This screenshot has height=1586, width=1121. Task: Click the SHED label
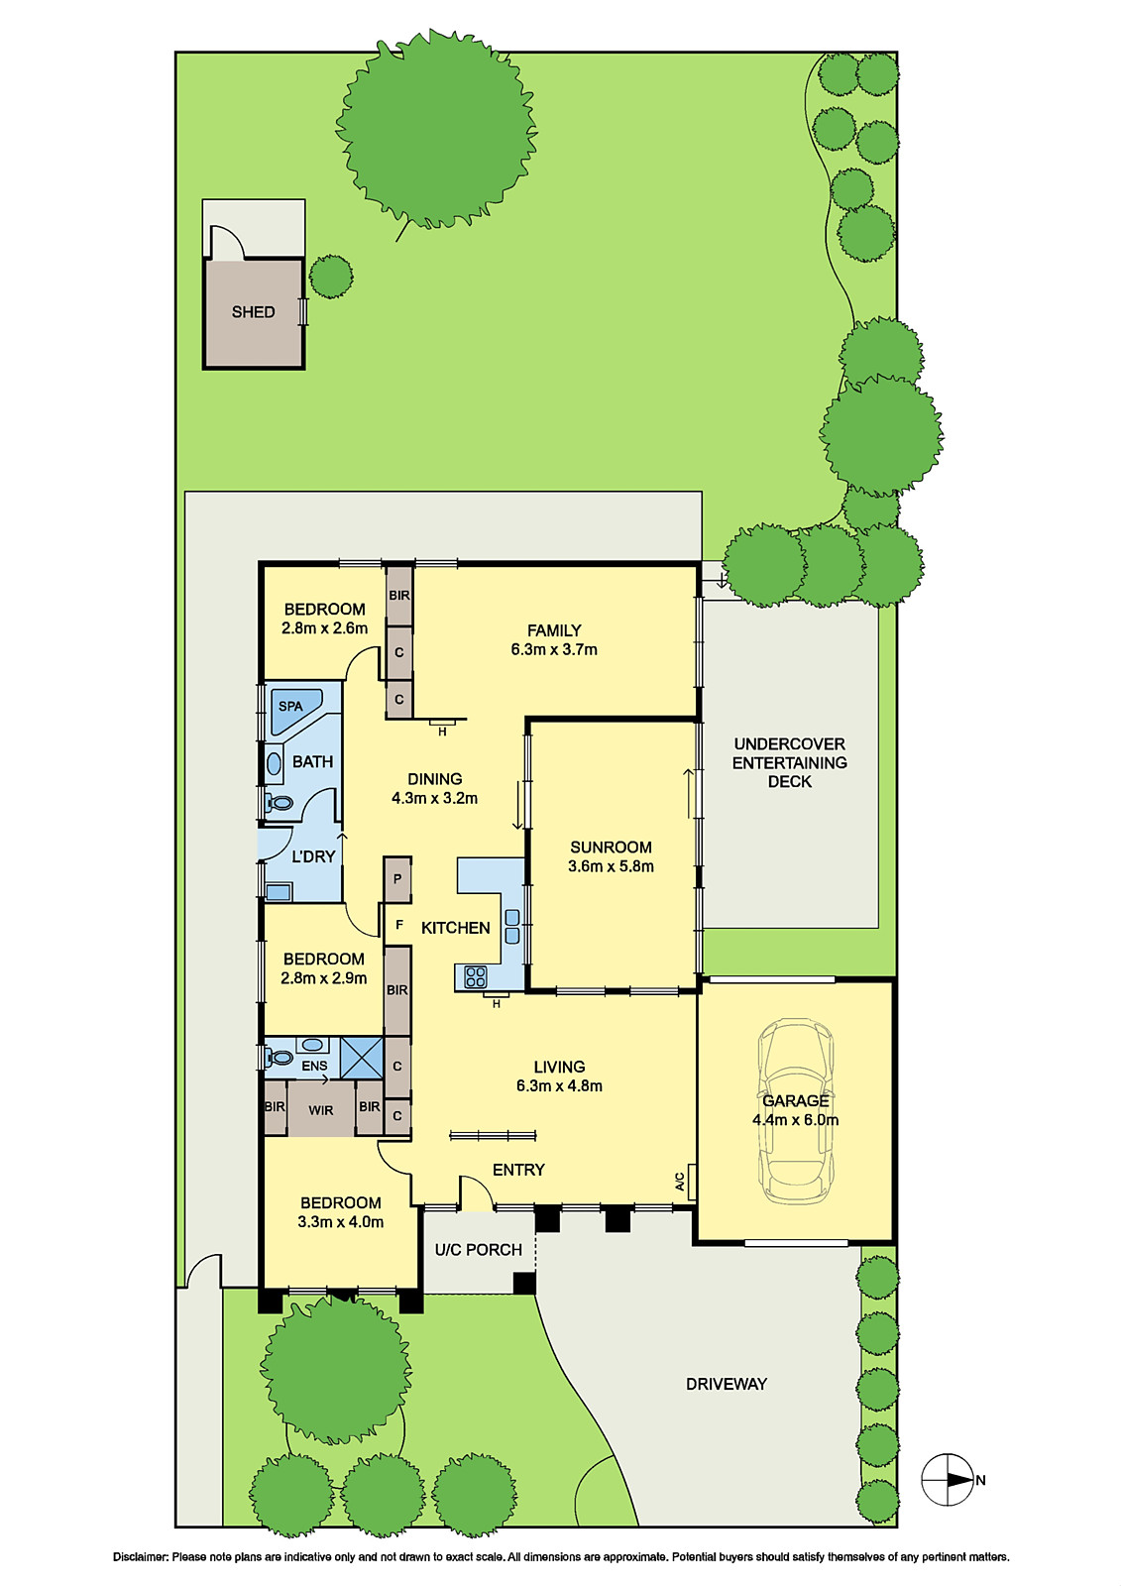coord(253,312)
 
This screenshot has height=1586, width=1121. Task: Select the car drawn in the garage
coord(795,1110)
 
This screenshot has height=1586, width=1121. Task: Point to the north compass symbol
coord(949,1480)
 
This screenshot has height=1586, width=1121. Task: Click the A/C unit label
coord(680,1182)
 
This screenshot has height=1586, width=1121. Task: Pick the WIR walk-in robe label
coord(320,1110)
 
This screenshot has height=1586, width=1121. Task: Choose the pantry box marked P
coord(397,878)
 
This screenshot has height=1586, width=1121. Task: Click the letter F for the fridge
coord(399,925)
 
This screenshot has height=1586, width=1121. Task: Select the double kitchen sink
coord(512,926)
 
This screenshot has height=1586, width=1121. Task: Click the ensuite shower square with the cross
coord(361,1058)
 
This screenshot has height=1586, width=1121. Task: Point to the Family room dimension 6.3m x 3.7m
coord(554,650)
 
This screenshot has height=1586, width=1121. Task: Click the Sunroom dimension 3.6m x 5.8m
coord(611,866)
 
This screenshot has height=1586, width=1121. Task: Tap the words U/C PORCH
coord(478,1250)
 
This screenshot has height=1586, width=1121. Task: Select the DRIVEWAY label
coord(727,1384)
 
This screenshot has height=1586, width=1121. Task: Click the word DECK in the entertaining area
coord(789,782)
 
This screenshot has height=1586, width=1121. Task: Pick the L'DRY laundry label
coord(313,856)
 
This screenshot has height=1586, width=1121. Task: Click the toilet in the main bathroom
coord(279,802)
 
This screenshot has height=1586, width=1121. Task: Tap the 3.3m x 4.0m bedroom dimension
coord(340,1222)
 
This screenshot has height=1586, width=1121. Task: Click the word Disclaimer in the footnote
coord(141,1557)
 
